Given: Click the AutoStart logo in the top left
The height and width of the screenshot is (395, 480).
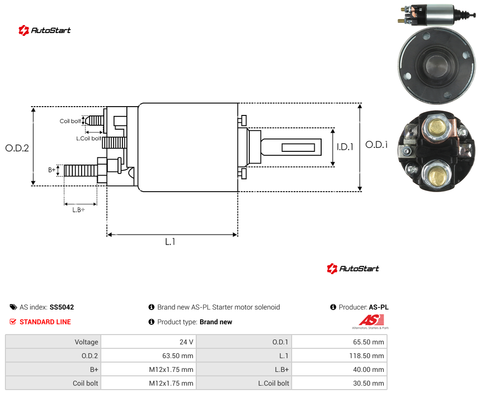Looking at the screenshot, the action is tap(45, 30).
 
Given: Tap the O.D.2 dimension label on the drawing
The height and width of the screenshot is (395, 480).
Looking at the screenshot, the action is tap(17, 148).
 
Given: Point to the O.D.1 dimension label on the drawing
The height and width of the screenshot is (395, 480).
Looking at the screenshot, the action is tap(377, 144).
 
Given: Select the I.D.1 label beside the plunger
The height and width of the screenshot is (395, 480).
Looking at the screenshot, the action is tap(345, 147).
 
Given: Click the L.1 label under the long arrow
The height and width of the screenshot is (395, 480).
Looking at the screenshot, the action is tap(170, 242).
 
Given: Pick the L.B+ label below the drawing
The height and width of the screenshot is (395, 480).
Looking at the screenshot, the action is tap(79, 210).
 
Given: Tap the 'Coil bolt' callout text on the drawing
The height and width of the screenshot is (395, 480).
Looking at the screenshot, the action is tap(70, 121).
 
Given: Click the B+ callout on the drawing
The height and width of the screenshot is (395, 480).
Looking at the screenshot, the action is tap(52, 169).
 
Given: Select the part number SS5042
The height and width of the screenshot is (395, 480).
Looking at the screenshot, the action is tap(62, 307).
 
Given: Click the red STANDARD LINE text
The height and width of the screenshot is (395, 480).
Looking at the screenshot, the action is tap(45, 322).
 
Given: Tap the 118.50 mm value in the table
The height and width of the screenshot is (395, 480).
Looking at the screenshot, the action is tap(366, 356).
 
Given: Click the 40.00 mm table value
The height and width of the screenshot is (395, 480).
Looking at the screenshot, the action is tap(368, 369).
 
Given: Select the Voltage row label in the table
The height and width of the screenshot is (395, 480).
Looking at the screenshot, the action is tap(87, 342).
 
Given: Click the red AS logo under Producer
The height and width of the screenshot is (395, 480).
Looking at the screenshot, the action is tap(371, 320).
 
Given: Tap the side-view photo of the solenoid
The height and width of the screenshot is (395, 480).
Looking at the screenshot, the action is tap(437, 15).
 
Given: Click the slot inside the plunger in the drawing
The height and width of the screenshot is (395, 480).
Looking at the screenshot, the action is tap(298, 148).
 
